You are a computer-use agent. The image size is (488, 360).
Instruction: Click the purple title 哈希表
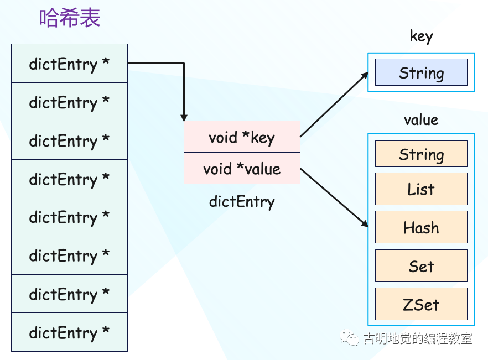[70, 19]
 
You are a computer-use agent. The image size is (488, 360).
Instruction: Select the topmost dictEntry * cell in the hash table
[69, 64]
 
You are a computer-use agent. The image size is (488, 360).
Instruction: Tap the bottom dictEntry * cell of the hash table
[69, 332]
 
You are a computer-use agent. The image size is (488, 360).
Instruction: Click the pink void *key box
[242, 137]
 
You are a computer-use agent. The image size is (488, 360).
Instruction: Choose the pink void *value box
[242, 169]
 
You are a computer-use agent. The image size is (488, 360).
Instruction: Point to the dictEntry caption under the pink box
[242, 201]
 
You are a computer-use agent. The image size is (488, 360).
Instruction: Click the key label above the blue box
[421, 36]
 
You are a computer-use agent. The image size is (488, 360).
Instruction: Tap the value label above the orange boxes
[421, 120]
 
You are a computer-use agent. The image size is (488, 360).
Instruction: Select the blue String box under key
[421, 72]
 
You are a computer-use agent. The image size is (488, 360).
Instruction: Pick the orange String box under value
[421, 154]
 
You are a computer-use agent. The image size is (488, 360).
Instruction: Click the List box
[421, 189]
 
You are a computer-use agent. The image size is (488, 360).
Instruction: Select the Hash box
[421, 227]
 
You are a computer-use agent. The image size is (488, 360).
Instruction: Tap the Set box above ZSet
[421, 266]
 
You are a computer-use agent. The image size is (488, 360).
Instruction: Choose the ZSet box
[421, 304]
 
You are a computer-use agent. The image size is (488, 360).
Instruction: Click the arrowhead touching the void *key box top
[184, 117]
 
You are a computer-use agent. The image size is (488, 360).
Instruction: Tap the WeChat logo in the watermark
[350, 337]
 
